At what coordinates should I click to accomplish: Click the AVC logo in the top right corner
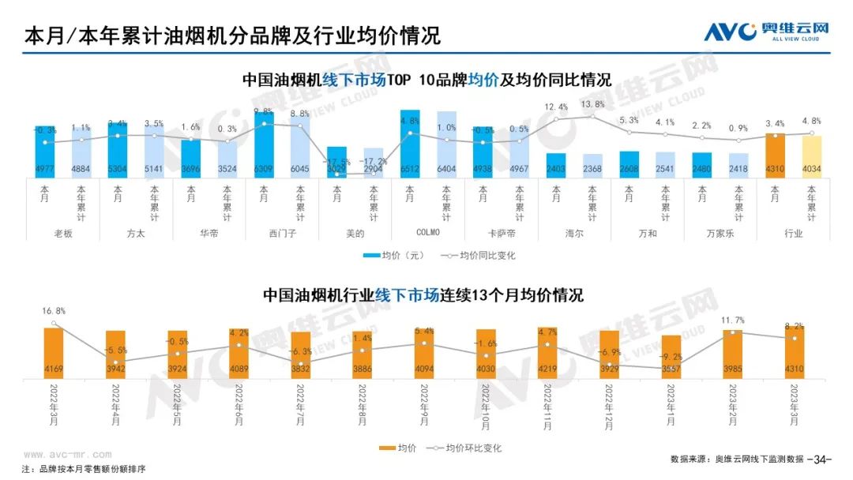pyautogui.click(x=767, y=32)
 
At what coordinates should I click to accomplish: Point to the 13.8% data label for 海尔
pyautogui.click(x=593, y=104)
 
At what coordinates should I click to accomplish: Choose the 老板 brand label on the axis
pyautogui.click(x=63, y=234)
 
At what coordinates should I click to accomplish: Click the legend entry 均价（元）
pyautogui.click(x=393, y=256)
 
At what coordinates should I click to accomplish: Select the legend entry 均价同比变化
pyautogui.click(x=472, y=256)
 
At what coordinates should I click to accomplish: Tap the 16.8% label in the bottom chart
pyautogui.click(x=54, y=312)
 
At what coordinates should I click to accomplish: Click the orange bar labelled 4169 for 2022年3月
pyautogui.click(x=54, y=351)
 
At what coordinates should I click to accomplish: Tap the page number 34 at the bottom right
pyautogui.click(x=823, y=459)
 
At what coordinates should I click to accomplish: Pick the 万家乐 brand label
pyautogui.click(x=720, y=234)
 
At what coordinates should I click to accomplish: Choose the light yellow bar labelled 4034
pyautogui.click(x=812, y=156)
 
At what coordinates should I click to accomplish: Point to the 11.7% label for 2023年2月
pyautogui.click(x=732, y=321)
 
